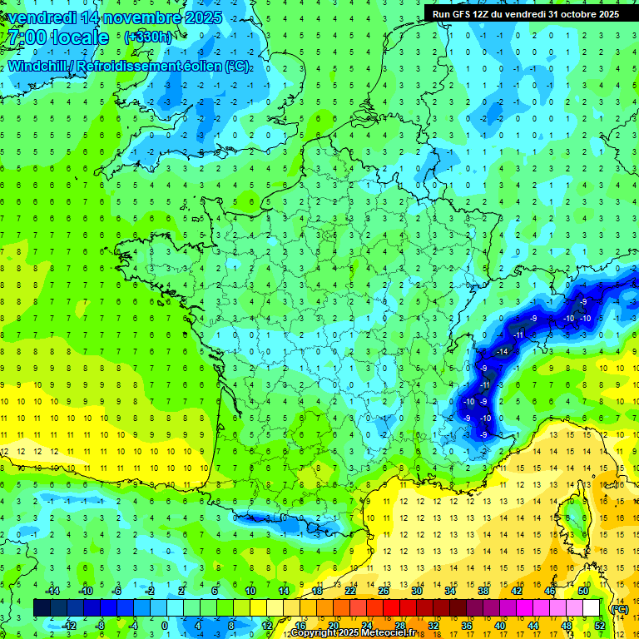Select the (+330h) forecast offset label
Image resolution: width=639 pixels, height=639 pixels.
(147, 37)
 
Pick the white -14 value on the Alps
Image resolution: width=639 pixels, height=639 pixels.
(502, 353)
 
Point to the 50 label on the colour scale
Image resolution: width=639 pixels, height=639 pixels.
(583, 591)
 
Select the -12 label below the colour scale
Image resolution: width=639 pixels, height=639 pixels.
(69, 626)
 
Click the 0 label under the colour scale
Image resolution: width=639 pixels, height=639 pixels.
(164, 626)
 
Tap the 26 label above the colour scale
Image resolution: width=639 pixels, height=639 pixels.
(384, 591)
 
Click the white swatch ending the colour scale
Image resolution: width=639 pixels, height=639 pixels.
(591, 608)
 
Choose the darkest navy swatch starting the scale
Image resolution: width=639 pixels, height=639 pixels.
(42, 608)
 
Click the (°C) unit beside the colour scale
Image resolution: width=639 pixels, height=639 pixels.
(619, 608)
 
